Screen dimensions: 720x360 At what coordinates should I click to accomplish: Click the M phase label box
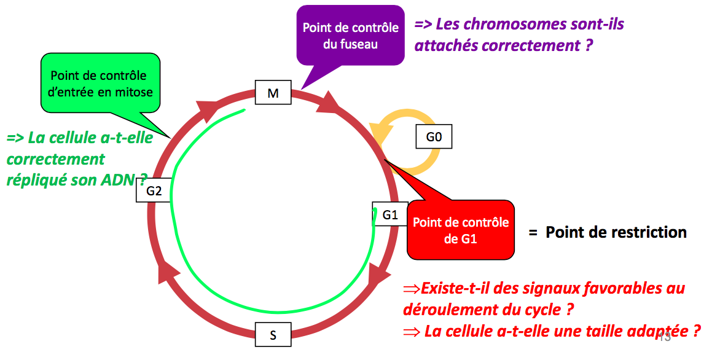tap(273, 93)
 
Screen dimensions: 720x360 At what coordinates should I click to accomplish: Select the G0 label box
tap(434, 137)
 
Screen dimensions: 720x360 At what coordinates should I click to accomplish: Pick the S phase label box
tap(273, 335)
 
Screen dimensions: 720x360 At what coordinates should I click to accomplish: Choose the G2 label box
tap(154, 191)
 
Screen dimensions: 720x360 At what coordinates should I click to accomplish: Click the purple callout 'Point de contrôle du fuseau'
tap(350, 36)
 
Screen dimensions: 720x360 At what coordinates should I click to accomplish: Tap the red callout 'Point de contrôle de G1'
tap(461, 230)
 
